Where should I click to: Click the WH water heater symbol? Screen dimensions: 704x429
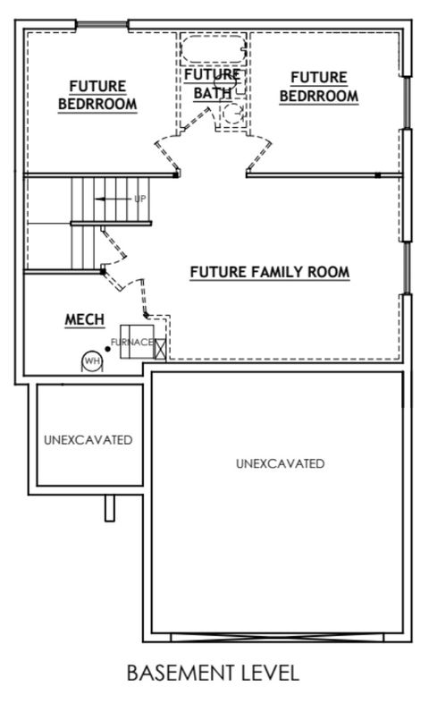click(x=90, y=360)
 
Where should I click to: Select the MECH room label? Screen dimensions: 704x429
click(x=85, y=319)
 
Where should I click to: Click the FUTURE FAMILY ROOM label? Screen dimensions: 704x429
click(x=269, y=271)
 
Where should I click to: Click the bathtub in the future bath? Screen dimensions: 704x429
click(x=212, y=48)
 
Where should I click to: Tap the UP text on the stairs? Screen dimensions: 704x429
click(x=139, y=199)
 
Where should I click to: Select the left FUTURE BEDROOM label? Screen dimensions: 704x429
click(x=97, y=96)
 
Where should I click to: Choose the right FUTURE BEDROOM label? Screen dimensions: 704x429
click(x=318, y=87)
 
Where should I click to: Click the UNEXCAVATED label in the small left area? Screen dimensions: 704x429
click(x=88, y=440)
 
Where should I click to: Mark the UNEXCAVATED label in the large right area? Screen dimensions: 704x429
click(x=280, y=463)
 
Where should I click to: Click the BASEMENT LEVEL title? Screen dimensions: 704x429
click(x=213, y=671)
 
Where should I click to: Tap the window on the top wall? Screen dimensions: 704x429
click(x=98, y=24)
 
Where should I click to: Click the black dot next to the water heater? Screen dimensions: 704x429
click(x=107, y=346)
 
